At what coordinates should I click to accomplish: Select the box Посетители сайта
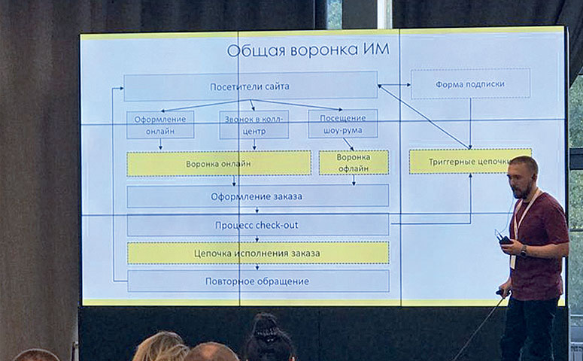[251, 86]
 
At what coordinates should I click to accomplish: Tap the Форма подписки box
[470, 83]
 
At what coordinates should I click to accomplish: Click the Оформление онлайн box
[160, 125]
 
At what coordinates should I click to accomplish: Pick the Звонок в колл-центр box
[254, 125]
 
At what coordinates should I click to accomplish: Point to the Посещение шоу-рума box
[343, 124]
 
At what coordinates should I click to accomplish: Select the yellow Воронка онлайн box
[219, 163]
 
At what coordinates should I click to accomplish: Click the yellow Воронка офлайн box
[354, 162]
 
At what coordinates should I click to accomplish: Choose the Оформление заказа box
[257, 196]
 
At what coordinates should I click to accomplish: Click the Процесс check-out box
[257, 225]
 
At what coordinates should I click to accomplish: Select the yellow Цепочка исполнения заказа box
[258, 253]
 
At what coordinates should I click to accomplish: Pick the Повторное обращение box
[258, 281]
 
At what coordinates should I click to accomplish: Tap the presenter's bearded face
[521, 179]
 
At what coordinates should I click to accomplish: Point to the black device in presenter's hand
[505, 240]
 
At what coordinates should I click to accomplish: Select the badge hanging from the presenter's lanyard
[514, 260]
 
